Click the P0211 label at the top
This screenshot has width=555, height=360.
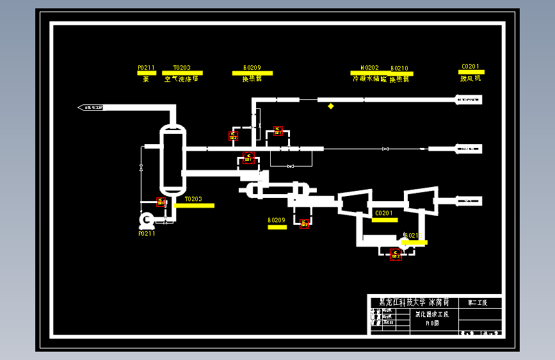tap(146, 67)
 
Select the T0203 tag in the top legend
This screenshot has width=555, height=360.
tap(181, 67)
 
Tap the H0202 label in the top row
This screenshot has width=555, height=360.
tap(369, 67)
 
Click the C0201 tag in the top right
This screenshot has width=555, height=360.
tap(470, 66)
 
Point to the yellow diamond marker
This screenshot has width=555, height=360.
tap(331, 106)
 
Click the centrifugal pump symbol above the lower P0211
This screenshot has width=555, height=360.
tap(147, 220)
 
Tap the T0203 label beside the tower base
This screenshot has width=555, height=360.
tap(193, 199)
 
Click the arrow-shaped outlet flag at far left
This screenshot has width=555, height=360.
tap(91, 107)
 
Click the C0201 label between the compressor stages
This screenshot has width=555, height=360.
tap(384, 213)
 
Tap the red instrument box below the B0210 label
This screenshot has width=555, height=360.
tap(396, 254)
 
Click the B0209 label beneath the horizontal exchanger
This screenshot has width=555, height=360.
tap(277, 220)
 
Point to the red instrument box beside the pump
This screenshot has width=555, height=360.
tap(161, 202)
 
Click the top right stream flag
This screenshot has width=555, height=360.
tap(469, 99)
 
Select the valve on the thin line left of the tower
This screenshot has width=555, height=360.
tap(141, 168)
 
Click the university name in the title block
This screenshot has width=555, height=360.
tap(414, 302)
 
